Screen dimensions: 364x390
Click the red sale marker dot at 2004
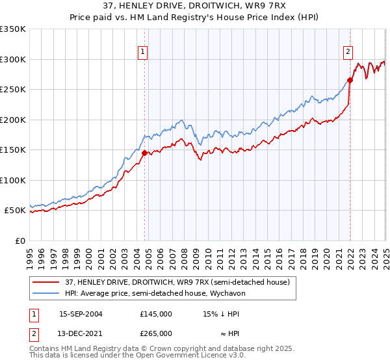[x=144, y=153]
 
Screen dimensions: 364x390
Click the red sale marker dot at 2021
[x=350, y=80]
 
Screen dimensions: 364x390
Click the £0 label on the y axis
[x=21, y=240]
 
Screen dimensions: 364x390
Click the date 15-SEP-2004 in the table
[x=81, y=313]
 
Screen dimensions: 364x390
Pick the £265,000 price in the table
[x=156, y=333]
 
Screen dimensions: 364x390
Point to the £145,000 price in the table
[x=156, y=313]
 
